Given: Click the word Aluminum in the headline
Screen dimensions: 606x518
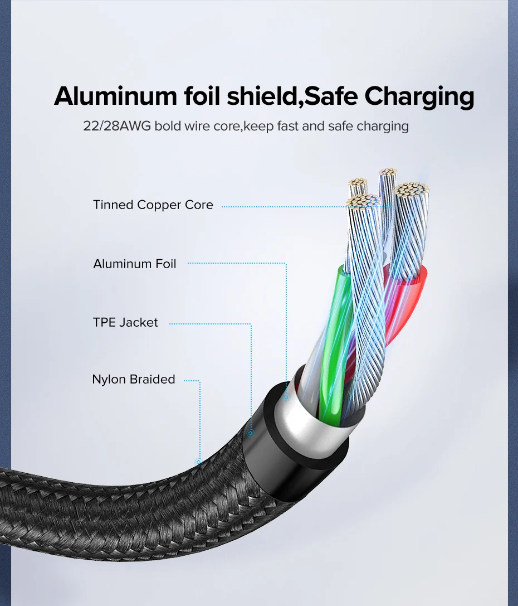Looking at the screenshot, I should click(114, 96).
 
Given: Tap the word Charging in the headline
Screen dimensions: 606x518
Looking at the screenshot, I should click(419, 97).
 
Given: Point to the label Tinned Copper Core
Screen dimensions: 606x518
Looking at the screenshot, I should click(153, 205).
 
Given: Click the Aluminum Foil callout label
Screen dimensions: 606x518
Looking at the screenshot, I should click(135, 264).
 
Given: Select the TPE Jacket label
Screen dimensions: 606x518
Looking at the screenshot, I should click(125, 323).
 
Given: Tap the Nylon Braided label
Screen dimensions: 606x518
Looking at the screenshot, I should click(134, 380).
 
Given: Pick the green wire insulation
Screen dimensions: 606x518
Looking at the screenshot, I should click(334, 334).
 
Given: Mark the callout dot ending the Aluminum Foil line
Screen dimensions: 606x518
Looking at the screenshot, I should click(286, 397).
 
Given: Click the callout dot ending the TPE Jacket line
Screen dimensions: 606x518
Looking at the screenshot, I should click(251, 433).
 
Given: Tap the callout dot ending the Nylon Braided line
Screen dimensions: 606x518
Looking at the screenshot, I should click(198, 462).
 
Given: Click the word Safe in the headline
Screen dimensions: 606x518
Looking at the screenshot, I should click(333, 96).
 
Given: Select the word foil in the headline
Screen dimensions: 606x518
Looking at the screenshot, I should click(203, 96).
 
